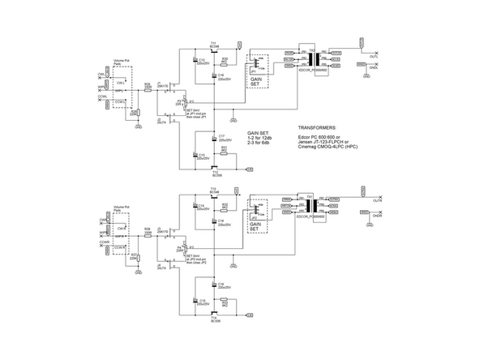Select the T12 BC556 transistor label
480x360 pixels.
[215, 173]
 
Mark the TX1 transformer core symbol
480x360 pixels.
[312, 58]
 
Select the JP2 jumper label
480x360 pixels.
[254, 219]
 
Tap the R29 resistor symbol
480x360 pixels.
[148, 234]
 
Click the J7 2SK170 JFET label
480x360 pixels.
[161, 84]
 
